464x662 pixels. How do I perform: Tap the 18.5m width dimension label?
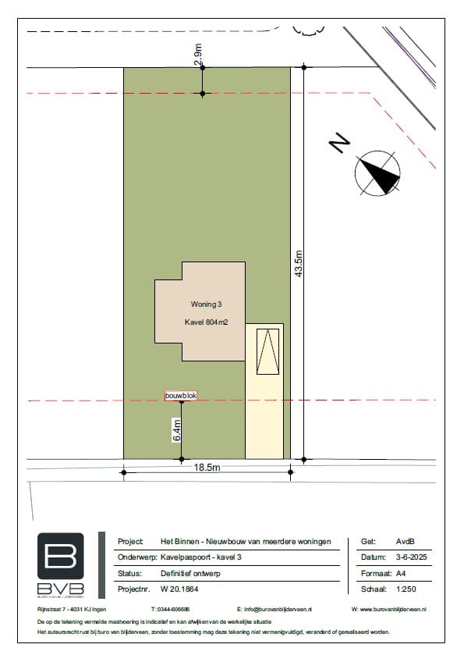click(x=207, y=467)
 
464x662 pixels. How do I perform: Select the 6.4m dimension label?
click(x=177, y=430)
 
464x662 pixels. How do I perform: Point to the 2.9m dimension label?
click(x=198, y=55)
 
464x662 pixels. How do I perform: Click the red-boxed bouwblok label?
click(x=181, y=397)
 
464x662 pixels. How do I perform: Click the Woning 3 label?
click(x=206, y=304)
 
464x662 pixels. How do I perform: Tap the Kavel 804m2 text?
click(x=206, y=322)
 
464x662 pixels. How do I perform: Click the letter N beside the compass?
click(x=339, y=143)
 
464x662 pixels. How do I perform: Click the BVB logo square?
click(x=60, y=556)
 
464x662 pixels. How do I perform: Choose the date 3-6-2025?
click(x=412, y=557)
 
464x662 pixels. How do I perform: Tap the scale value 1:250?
click(x=406, y=588)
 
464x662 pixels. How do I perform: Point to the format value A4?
click(x=401, y=572)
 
